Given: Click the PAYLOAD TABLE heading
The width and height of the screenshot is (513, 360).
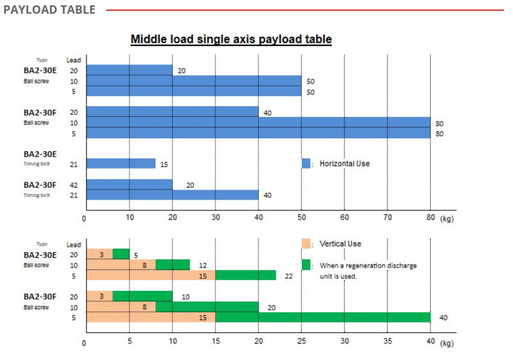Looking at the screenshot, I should click(49, 10).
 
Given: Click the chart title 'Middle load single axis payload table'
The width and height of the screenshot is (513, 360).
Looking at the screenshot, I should click(231, 39).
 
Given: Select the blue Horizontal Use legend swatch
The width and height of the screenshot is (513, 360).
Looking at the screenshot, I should click(306, 163).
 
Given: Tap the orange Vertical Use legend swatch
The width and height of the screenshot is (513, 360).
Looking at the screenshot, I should click(307, 244).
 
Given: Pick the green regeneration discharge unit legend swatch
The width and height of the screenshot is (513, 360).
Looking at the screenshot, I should click(307, 265).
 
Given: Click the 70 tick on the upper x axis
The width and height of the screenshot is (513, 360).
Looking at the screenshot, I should click(387, 218).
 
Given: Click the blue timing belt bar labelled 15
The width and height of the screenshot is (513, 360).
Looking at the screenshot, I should click(121, 163).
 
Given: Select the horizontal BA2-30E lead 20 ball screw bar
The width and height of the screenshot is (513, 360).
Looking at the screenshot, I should click(129, 70).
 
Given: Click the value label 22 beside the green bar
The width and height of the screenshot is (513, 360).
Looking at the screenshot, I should click(289, 275).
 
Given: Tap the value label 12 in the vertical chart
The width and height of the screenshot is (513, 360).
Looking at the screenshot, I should click(203, 265).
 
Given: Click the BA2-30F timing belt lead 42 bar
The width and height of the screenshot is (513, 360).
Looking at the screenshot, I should click(129, 185).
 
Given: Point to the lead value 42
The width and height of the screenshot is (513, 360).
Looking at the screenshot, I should click(73, 185).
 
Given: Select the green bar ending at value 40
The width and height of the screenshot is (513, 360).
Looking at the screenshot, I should click(323, 317).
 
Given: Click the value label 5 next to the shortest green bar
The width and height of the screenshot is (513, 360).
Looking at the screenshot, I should click(135, 255).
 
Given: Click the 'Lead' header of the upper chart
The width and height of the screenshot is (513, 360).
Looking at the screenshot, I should click(73, 60).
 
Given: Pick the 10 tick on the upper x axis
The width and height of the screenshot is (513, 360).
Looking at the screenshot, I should click(129, 218).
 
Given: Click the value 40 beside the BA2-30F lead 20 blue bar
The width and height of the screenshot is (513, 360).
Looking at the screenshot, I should click(267, 113).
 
